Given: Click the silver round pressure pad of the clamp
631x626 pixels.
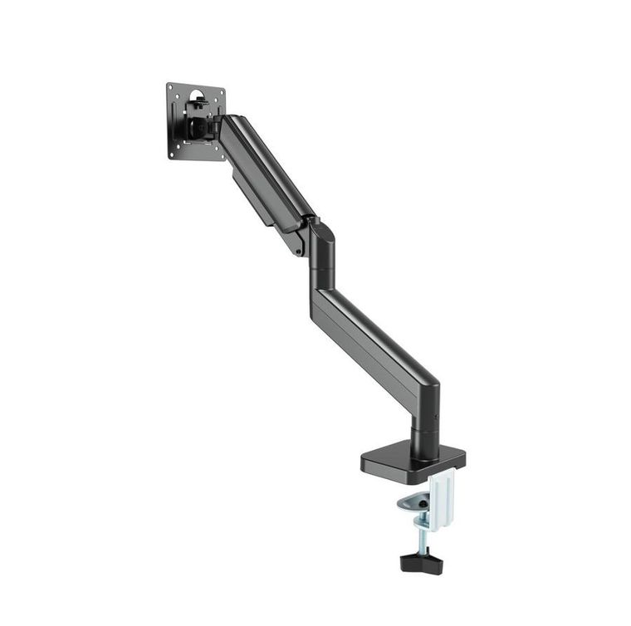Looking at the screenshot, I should [413, 501].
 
